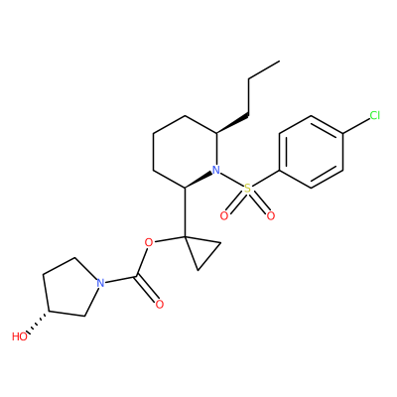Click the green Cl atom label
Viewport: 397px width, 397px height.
[375, 115]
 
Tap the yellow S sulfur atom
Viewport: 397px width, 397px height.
[247, 189]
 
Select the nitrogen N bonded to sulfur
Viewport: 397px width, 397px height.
[216, 170]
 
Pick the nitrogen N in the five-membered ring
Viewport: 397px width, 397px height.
[100, 283]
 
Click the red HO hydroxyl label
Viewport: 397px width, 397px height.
[20, 336]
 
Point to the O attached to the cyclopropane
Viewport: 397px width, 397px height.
[149, 243]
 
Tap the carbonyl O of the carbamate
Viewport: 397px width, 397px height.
[160, 304]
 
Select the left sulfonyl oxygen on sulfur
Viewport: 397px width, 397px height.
[224, 216]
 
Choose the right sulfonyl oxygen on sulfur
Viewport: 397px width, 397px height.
[271, 216]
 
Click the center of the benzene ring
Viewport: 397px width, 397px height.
[311, 152]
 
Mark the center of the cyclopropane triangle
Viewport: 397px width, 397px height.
[200, 250]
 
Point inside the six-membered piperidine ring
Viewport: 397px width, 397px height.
[185, 152]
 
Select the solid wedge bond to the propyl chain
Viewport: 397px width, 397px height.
[232, 124]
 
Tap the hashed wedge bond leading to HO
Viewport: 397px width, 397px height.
[38, 323]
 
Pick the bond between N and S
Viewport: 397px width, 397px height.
[231, 180]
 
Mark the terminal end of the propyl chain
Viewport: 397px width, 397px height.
[280, 61]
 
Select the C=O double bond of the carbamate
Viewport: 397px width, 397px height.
[146, 289]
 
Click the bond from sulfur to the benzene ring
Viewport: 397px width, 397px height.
[265, 179]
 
